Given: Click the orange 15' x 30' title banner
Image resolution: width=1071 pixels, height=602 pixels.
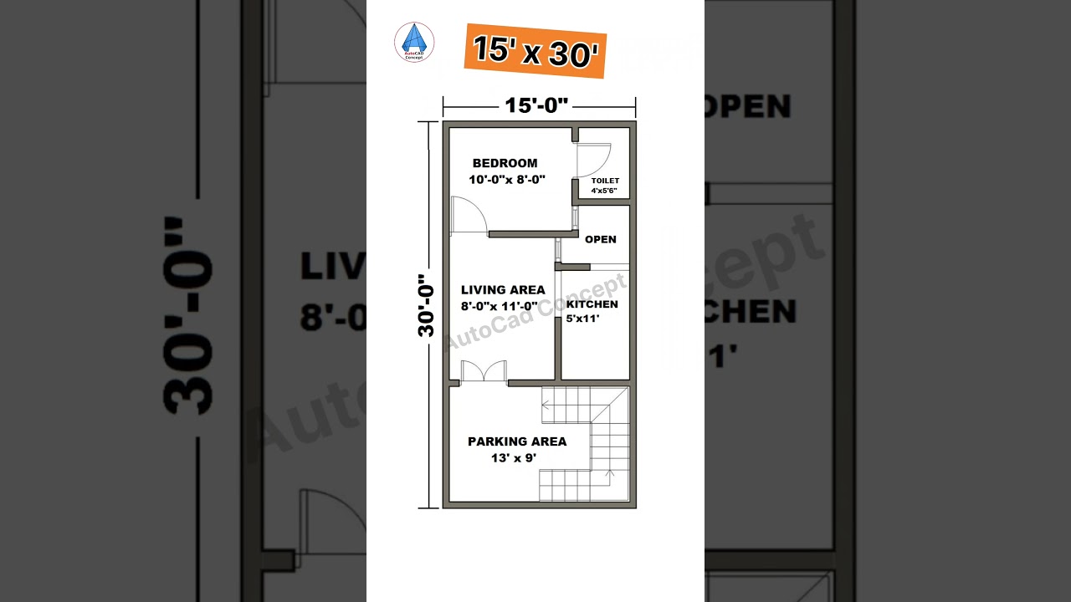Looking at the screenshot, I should click(535, 51).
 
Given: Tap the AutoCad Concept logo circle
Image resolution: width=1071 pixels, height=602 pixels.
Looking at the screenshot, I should click(414, 42).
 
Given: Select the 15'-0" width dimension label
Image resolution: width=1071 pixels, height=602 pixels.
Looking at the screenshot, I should click(537, 105).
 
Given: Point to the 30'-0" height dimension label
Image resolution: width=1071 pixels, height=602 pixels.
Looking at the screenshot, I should click(426, 305).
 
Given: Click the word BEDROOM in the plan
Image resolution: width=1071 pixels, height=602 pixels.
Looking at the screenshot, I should click(505, 163).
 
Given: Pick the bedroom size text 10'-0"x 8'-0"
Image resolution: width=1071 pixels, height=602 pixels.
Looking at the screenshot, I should click(507, 179).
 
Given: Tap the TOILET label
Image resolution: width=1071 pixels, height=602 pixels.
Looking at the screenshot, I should click(605, 181).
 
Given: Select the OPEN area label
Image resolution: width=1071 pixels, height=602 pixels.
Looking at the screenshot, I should click(601, 239).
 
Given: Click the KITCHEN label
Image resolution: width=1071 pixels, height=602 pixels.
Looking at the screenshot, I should click(592, 304).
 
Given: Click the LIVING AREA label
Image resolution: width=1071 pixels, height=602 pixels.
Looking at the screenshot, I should click(503, 290).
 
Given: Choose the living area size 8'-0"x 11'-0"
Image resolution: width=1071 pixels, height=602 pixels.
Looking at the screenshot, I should click(500, 306).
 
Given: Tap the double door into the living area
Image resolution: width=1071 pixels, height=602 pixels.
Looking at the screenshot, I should click(484, 371).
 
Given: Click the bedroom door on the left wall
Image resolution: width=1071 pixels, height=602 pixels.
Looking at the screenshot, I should click(468, 215).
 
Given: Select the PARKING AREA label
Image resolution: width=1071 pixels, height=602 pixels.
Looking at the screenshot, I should click(517, 441).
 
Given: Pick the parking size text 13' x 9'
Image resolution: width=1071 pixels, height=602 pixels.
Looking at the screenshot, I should click(514, 457).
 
